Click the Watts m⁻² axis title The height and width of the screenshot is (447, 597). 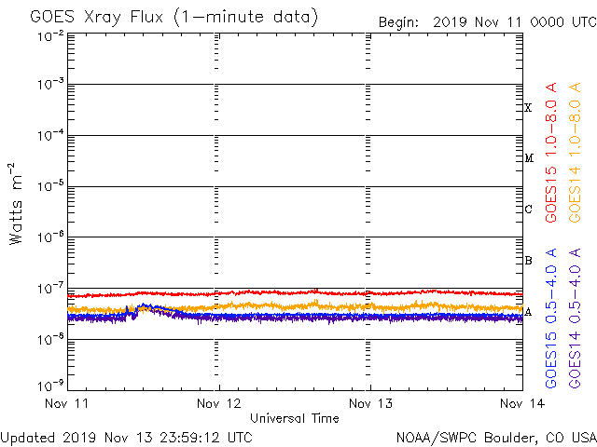click(16, 204)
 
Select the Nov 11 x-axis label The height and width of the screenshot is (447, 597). click(68, 404)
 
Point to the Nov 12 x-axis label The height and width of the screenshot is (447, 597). click(219, 404)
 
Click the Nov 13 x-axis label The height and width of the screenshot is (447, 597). click(370, 404)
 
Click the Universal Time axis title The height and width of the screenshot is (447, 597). click(294, 418)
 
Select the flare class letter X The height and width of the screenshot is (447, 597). click(528, 108)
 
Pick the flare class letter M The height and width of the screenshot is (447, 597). click(528, 158)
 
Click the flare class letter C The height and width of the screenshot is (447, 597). click(528, 210)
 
